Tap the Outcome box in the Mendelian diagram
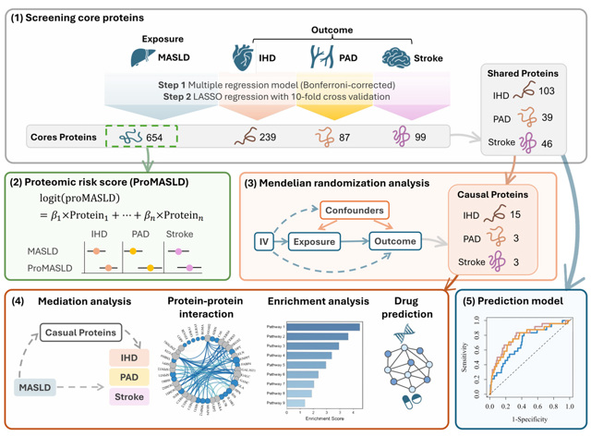394,242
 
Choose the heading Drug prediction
403,308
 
